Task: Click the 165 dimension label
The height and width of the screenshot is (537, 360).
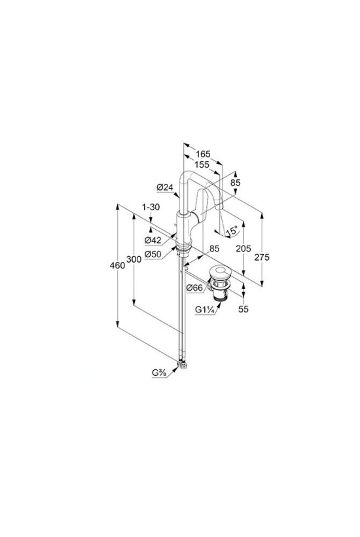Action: pos(204,154)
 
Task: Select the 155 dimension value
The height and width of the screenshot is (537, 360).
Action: pos(202,165)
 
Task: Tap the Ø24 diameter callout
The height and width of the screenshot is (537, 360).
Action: pos(164,187)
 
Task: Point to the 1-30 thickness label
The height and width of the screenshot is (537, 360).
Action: pos(151,207)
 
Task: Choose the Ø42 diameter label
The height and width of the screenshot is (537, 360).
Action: pos(153,240)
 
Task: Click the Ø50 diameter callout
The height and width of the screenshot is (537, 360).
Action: pos(153,255)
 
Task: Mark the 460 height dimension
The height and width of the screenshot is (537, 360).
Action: pos(117,265)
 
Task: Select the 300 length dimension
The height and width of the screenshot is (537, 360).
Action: pos(134,259)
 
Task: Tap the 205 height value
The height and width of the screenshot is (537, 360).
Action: pos(243,248)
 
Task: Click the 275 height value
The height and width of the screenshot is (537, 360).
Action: pos(262,257)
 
